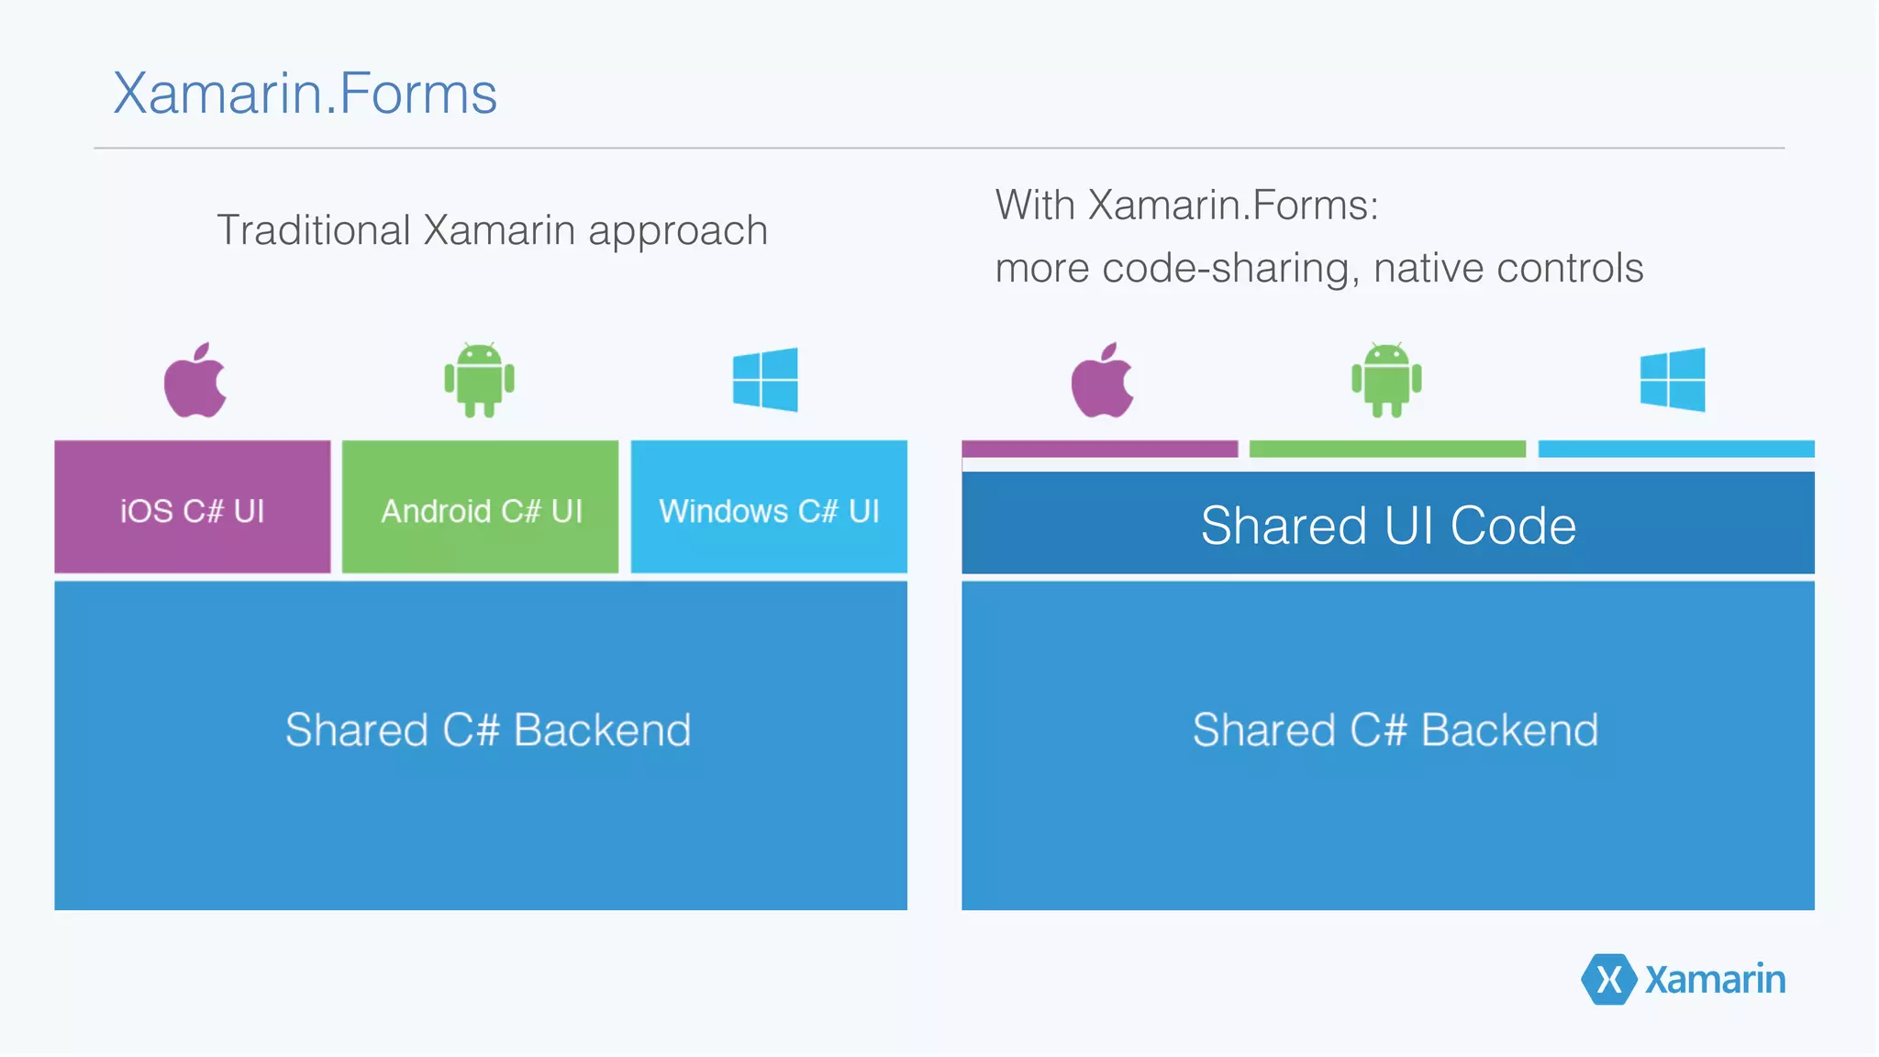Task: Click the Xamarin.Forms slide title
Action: (x=305, y=94)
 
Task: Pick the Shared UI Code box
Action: (x=1387, y=524)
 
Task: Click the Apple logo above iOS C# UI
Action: (x=195, y=382)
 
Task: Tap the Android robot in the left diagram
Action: (x=479, y=380)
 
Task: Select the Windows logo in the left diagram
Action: (x=765, y=380)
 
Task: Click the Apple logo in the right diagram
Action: (x=1102, y=382)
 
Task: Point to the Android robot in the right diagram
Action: (x=1386, y=380)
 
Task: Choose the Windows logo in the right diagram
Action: (x=1673, y=380)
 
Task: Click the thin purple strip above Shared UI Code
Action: (x=1099, y=449)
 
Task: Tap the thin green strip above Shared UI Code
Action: (x=1387, y=449)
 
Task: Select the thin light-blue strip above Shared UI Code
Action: (x=1676, y=449)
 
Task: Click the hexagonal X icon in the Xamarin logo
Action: (x=1608, y=979)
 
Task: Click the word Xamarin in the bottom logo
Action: (x=1715, y=980)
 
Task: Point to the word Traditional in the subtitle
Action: (x=313, y=230)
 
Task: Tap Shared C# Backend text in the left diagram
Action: (x=487, y=730)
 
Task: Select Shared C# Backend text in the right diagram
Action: (x=1395, y=730)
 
